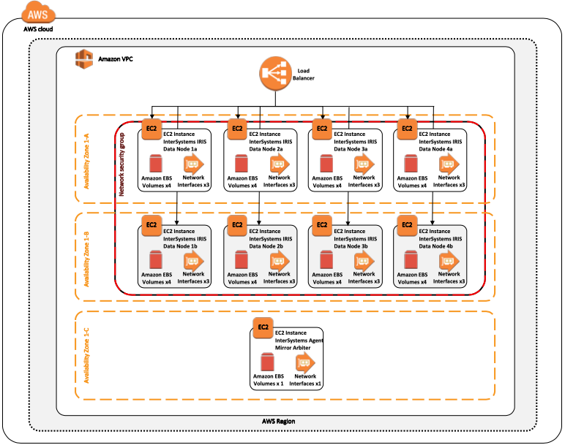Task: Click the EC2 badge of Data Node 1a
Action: (151, 130)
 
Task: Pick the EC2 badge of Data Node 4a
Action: (407, 130)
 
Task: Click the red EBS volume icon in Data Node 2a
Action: (240, 164)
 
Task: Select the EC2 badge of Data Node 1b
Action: (151, 225)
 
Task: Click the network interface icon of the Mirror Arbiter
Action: (305, 362)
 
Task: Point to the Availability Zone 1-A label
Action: (86, 159)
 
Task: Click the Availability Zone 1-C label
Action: (86, 355)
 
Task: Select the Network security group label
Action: (121, 166)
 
